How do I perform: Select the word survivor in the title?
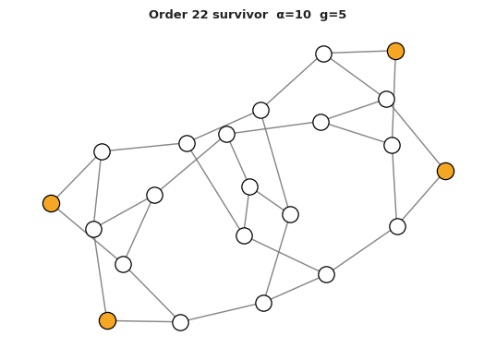[240, 15]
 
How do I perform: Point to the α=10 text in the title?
[294, 15]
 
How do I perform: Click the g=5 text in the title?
[333, 15]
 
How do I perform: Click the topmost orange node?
[395, 51]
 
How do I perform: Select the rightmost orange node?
[446, 172]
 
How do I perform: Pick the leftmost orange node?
[51, 203]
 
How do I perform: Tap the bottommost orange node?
[107, 320]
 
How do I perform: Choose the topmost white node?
[323, 54]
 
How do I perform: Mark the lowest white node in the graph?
[181, 322]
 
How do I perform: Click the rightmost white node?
[397, 226]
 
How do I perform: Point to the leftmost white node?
[93, 229]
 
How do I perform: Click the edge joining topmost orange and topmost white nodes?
[359, 52]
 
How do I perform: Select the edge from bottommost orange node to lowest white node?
[144, 321]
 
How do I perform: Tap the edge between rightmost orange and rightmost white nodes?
[422, 198]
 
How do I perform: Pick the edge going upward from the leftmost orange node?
[77, 177]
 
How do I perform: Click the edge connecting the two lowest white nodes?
[222, 313]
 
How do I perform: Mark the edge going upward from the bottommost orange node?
[101, 275]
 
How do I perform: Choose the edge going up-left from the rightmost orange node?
[416, 136]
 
